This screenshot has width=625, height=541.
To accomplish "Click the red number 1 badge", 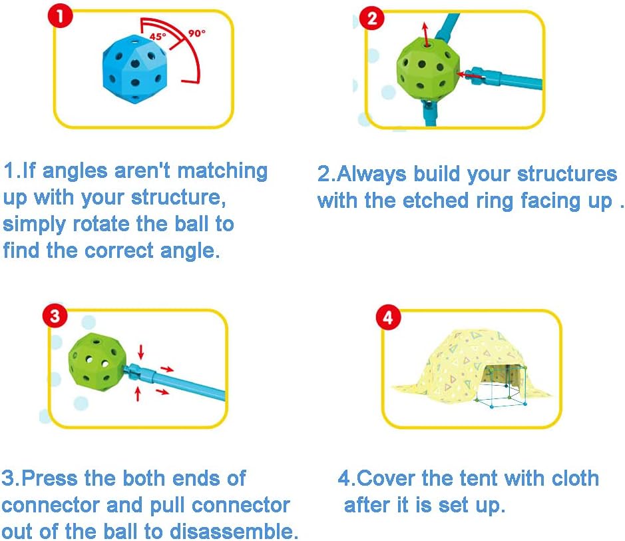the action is pyautogui.click(x=60, y=16).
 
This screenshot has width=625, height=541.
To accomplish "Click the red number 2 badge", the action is pyautogui.click(x=371, y=19).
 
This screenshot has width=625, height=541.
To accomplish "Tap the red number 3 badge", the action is pyautogui.click(x=55, y=316).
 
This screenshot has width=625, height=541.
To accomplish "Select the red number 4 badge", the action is pyautogui.click(x=388, y=318).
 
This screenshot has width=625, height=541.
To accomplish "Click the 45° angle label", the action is pyautogui.click(x=158, y=37).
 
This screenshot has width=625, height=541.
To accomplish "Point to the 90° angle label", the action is pyautogui.click(x=197, y=33).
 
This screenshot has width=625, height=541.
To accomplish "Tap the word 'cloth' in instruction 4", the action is pyautogui.click(x=574, y=478).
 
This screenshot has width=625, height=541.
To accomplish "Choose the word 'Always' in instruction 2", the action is pyautogui.click(x=371, y=175).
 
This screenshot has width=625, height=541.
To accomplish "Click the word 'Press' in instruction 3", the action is pyautogui.click(x=49, y=478).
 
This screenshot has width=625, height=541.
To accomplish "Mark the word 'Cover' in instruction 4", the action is pyautogui.click(x=386, y=478).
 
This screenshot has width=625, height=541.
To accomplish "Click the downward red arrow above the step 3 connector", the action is pyautogui.click(x=140, y=352).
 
